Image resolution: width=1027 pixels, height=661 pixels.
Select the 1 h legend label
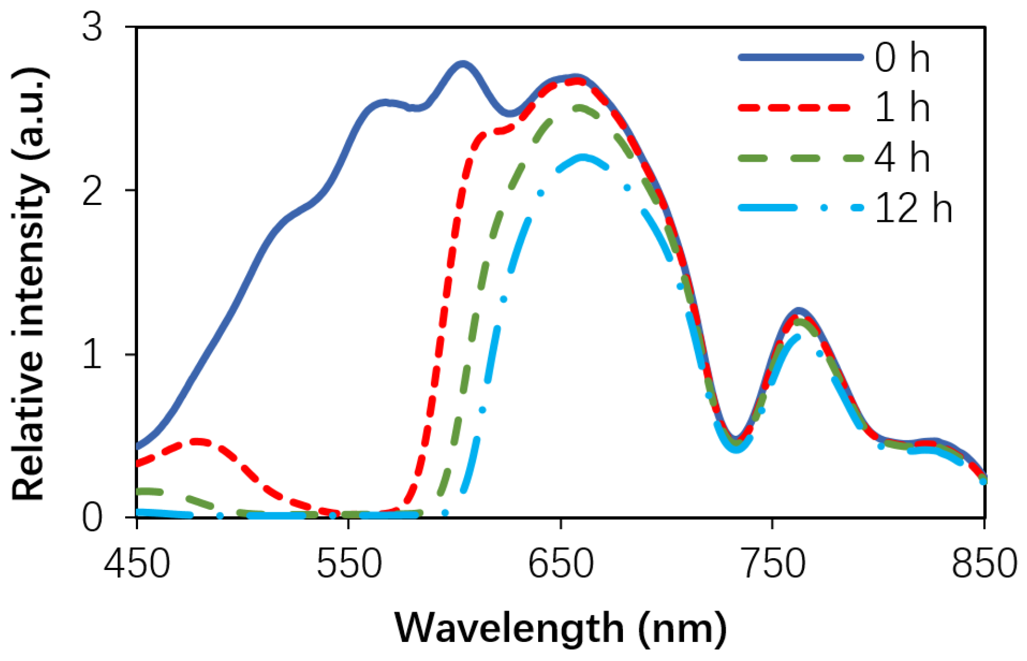point(902,107)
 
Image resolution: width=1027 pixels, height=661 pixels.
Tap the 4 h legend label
point(902,158)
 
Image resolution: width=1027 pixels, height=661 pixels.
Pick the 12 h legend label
point(913,208)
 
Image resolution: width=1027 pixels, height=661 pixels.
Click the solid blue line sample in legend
point(800,57)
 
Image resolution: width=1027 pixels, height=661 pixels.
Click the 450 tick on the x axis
point(136,563)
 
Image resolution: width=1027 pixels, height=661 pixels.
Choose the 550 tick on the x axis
point(349,563)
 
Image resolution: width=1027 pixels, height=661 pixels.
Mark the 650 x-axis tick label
point(561,563)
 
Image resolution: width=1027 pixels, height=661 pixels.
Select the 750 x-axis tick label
point(773,563)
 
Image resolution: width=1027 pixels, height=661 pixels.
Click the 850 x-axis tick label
point(984,563)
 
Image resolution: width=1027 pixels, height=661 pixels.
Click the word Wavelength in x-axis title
point(509,627)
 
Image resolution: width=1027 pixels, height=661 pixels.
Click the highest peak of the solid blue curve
point(461,65)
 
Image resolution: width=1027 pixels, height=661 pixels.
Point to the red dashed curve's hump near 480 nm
point(198,441)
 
